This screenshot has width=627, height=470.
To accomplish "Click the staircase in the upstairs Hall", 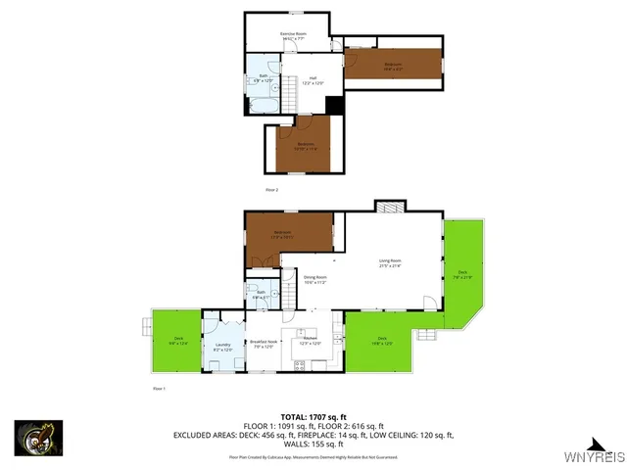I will pyautogui.click(x=290, y=94).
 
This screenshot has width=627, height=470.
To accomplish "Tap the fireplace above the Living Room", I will pyautogui.click(x=389, y=208).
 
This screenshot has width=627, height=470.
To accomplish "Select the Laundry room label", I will pyautogui.click(x=222, y=347).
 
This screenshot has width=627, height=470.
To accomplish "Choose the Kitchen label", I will pyautogui.click(x=310, y=342).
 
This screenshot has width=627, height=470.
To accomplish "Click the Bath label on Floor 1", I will pyautogui.click(x=261, y=294).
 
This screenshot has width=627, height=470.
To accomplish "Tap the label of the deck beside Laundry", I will pyautogui.click(x=178, y=342).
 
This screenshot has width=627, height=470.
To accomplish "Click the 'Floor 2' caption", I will pyautogui.click(x=272, y=189).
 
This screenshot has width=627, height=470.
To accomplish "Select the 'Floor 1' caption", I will pyautogui.click(x=160, y=390).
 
